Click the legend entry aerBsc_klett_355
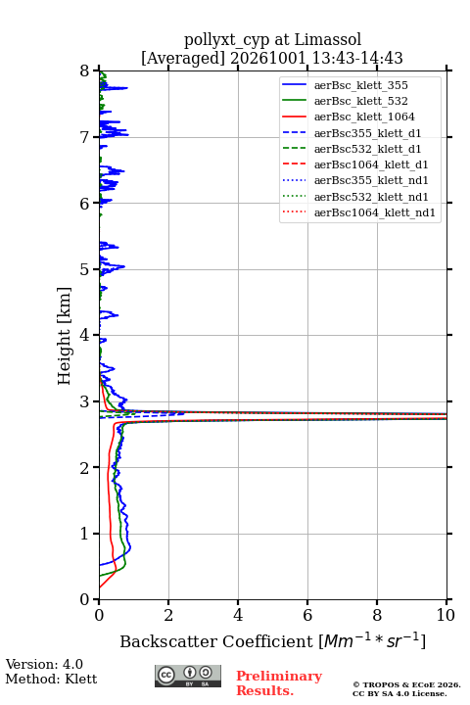[x=360, y=85]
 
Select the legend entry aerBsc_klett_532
[x=360, y=101]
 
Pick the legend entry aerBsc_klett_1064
[x=364, y=117]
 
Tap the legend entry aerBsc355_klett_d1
[x=367, y=133]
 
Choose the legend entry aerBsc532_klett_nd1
[x=371, y=197]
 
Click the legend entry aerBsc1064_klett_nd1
[x=375, y=212]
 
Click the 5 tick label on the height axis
[x=85, y=269]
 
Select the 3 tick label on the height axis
[x=85, y=401]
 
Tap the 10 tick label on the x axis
[x=446, y=615]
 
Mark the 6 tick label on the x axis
[x=307, y=615]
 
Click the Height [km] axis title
[x=65, y=336]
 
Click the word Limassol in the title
[x=328, y=39]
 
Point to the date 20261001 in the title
[x=268, y=58]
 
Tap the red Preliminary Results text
[x=279, y=682]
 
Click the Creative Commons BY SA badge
[x=188, y=677]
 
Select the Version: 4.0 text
[x=44, y=664]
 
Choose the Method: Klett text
[x=51, y=679]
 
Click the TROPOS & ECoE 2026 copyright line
[x=406, y=684]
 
